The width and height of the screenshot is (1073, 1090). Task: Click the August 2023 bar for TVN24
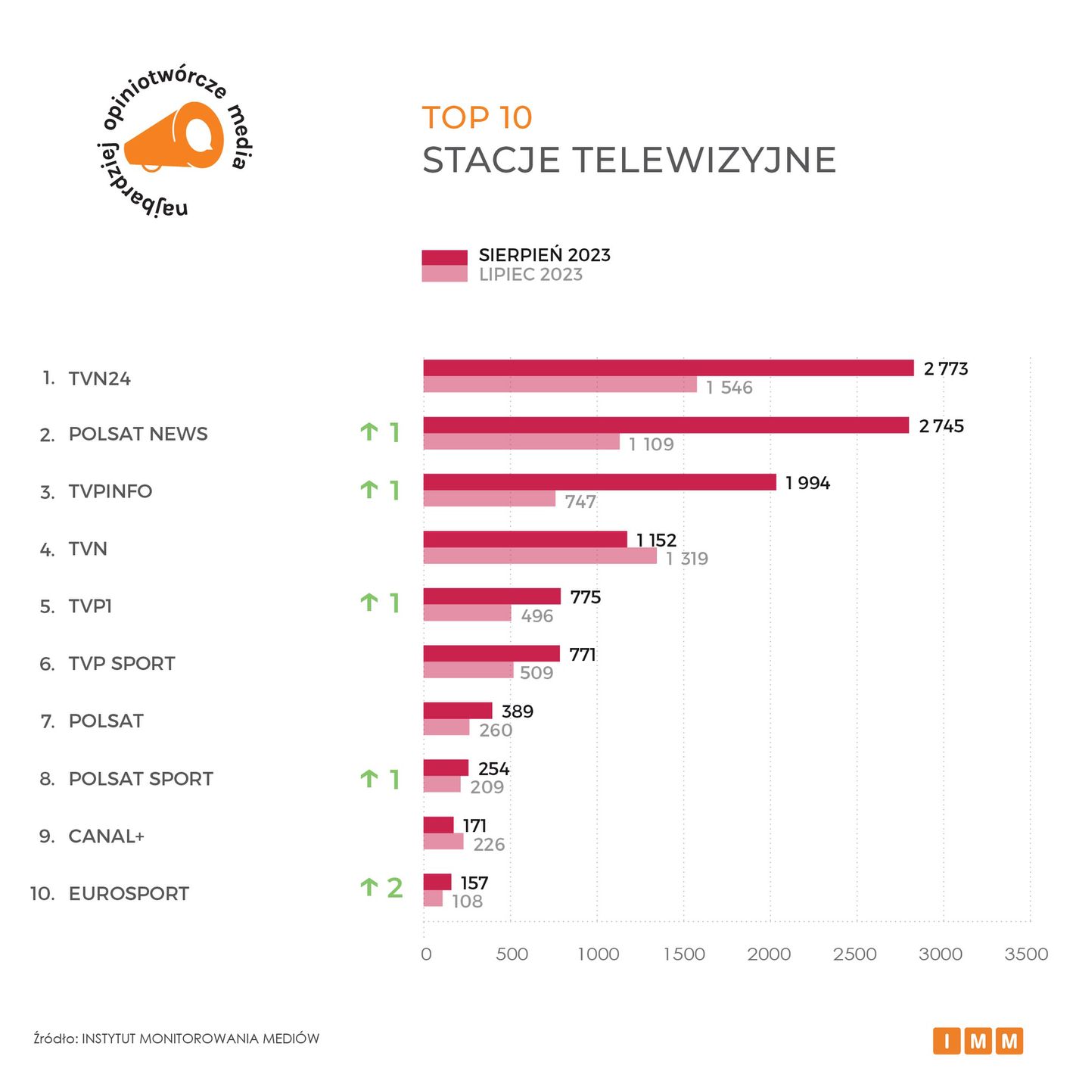point(668,368)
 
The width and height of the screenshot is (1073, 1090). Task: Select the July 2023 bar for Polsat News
point(521,442)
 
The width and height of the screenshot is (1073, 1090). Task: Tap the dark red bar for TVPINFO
point(599,482)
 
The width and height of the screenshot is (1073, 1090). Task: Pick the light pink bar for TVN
point(540,556)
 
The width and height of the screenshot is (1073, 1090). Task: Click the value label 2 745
point(941,426)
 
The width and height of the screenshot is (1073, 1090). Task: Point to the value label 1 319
point(687,559)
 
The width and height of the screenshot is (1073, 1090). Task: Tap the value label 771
point(583,655)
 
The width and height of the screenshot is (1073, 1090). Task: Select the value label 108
point(467,902)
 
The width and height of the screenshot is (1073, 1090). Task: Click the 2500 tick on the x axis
point(855,955)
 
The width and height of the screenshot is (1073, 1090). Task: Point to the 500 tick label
point(512,955)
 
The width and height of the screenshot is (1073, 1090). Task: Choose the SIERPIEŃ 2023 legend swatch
point(444,257)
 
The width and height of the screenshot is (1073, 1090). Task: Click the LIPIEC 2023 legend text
point(530,275)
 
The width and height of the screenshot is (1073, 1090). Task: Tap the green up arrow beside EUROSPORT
point(369,887)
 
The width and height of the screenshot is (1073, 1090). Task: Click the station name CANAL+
point(106,836)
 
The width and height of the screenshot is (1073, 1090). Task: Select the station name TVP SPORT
point(121,664)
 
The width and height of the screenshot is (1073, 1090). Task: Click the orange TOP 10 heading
point(477,118)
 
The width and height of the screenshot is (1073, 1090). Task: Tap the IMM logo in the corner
point(978,1042)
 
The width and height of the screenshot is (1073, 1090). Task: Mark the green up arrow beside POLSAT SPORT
point(369,778)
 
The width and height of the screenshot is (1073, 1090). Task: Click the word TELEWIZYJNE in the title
point(704,160)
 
